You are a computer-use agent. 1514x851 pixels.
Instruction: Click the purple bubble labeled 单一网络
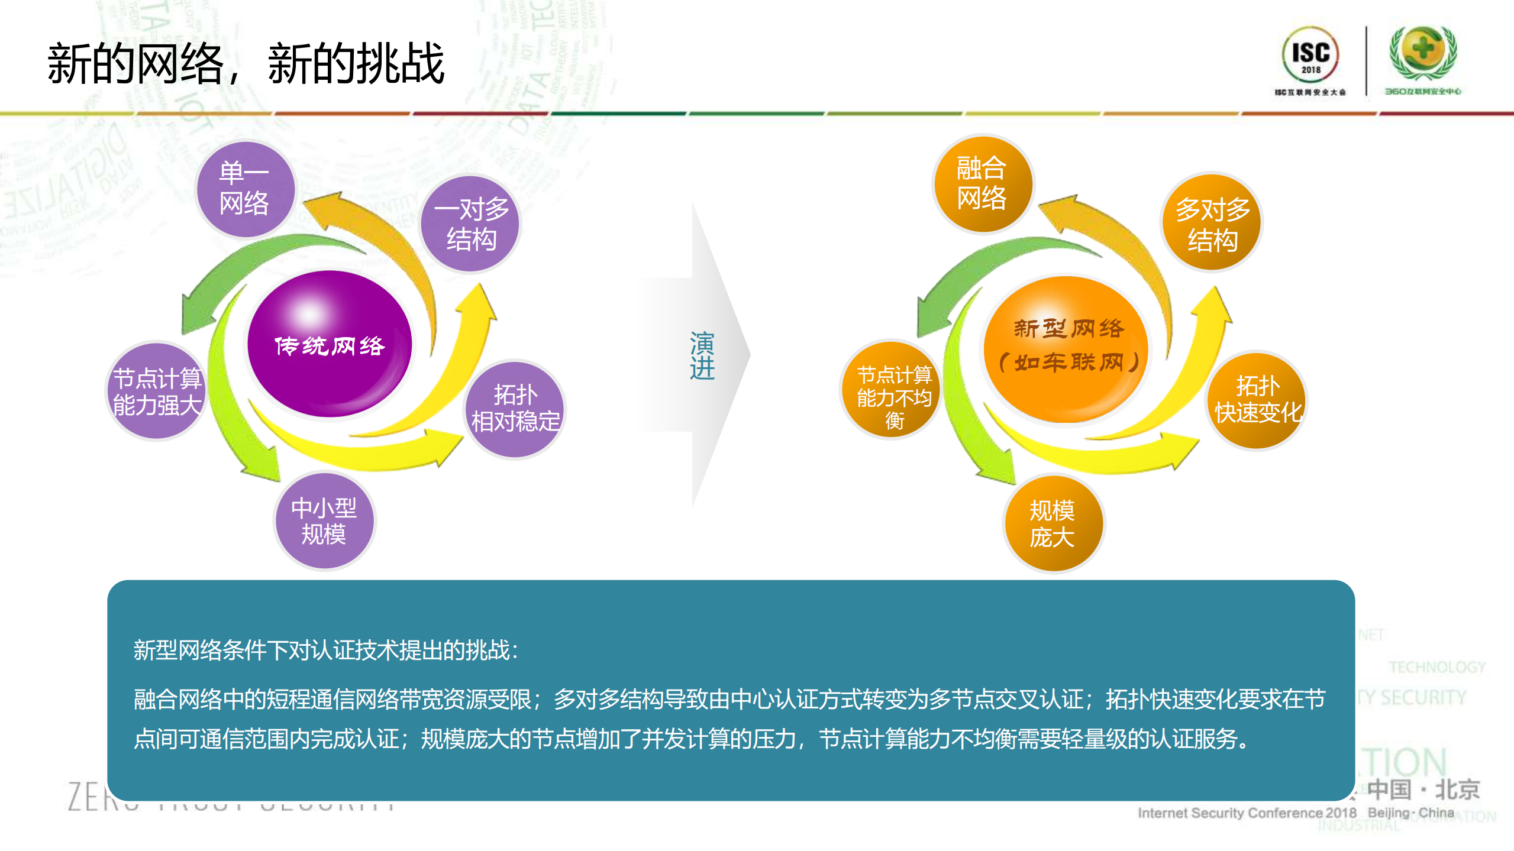click(x=245, y=189)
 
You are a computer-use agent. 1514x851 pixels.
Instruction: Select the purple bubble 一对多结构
click(x=470, y=224)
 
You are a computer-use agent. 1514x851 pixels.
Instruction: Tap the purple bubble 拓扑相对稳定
click(x=514, y=409)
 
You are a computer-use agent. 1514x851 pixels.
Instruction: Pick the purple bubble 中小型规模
click(x=324, y=521)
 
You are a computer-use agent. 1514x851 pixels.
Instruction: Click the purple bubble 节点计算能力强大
click(x=157, y=391)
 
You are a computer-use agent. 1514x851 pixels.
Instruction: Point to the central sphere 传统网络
click(x=329, y=345)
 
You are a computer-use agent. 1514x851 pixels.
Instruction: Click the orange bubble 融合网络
click(x=982, y=183)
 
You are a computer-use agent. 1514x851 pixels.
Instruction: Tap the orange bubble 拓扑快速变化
click(x=1257, y=400)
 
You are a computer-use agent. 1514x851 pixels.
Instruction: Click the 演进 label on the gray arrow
click(x=702, y=355)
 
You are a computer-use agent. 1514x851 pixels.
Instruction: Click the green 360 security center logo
click(x=1422, y=53)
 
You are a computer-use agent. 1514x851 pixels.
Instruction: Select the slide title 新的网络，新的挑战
click(x=246, y=63)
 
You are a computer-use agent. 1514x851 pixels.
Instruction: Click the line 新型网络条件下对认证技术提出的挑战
click(x=325, y=650)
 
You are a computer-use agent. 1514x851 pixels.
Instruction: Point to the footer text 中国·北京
click(x=1423, y=789)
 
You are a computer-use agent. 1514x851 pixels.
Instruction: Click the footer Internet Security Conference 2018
click(x=1247, y=813)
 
